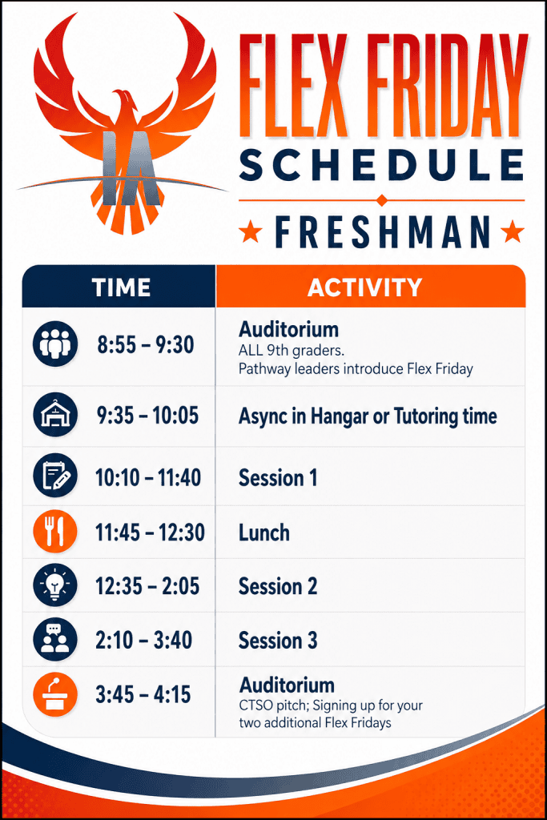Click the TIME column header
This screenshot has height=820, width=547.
(x=121, y=287)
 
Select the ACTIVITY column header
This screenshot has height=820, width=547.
(x=364, y=287)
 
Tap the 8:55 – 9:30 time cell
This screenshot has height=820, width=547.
(x=146, y=344)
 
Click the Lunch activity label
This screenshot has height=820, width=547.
(x=264, y=533)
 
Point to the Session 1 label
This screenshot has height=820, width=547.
(x=278, y=477)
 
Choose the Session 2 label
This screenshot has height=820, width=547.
(x=278, y=586)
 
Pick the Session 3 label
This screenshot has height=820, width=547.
(x=278, y=641)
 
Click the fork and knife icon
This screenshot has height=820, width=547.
(x=55, y=532)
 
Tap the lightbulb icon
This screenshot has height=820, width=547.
(x=55, y=585)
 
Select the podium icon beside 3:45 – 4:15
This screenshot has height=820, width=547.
(x=55, y=694)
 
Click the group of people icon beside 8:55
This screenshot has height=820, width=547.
(x=55, y=344)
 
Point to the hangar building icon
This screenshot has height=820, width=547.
(x=55, y=415)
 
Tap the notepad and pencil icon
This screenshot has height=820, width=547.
(x=55, y=476)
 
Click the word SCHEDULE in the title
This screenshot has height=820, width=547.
(x=382, y=164)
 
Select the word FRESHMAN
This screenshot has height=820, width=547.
(x=382, y=231)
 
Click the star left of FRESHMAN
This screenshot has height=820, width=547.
(x=251, y=231)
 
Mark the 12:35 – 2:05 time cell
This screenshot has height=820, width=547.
(x=147, y=586)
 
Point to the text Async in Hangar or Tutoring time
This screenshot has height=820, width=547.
(x=368, y=416)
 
